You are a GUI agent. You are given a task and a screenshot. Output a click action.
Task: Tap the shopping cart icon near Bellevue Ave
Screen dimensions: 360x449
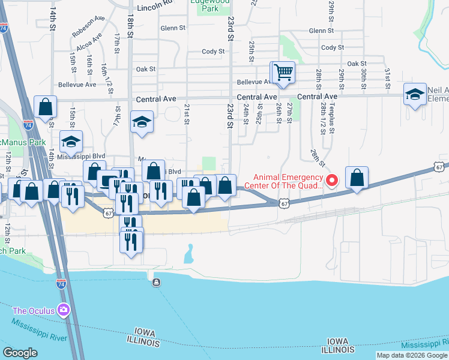point(283,73)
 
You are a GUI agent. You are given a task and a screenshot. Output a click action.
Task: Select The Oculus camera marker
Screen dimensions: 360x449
point(64,310)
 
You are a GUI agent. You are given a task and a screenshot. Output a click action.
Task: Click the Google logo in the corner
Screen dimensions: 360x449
point(20,353)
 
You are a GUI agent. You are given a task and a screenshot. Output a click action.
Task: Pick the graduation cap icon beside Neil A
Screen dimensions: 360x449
point(415,94)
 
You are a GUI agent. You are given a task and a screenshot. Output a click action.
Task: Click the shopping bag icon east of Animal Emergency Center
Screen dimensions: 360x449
point(357,178)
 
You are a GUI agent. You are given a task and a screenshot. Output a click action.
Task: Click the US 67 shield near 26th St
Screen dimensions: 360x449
point(284,204)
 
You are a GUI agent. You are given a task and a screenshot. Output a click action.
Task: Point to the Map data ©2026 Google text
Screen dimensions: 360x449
point(412,355)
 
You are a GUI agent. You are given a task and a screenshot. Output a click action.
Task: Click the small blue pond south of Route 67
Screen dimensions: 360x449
point(190,254)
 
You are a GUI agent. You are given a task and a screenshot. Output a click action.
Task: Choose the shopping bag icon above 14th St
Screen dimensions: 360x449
point(45,107)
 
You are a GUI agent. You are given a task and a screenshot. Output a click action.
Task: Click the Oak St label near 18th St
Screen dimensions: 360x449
point(145,69)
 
